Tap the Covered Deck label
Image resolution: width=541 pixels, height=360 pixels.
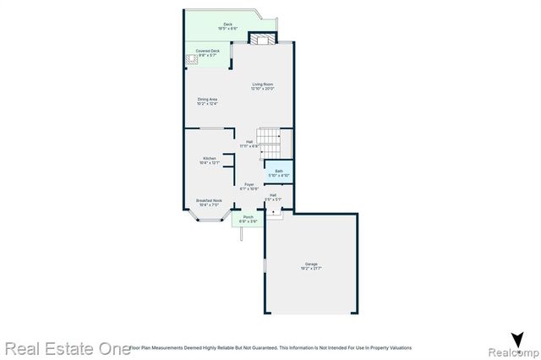click(209, 51)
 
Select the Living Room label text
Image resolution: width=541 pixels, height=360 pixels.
click(262, 84)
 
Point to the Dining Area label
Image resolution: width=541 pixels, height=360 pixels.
click(208, 100)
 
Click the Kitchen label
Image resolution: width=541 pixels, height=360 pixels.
click(209, 158)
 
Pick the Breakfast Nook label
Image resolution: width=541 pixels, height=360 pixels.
click(208, 200)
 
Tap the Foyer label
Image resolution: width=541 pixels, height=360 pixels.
click(249, 183)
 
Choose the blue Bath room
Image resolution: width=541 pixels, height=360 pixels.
click(278, 172)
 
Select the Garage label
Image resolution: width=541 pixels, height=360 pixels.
click(312, 265)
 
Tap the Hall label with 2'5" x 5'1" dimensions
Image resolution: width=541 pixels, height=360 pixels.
click(273, 197)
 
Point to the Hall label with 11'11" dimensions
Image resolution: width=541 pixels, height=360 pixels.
click(249, 143)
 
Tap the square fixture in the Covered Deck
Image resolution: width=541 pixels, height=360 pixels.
click(193, 59)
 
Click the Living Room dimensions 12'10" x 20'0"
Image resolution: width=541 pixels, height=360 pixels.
click(262, 88)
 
